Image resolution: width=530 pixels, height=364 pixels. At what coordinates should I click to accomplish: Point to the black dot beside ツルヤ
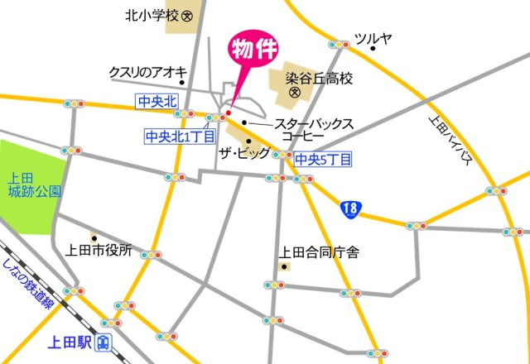click(373, 49)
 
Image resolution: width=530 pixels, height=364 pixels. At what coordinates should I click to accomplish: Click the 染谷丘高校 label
click(320, 79)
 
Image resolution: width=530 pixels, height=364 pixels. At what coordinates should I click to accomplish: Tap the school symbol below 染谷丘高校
click(293, 93)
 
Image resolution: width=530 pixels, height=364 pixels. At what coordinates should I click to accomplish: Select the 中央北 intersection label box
click(157, 101)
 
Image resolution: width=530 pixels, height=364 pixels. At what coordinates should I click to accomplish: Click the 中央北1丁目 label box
click(180, 136)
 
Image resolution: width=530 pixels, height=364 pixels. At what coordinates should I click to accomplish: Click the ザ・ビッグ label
click(243, 154)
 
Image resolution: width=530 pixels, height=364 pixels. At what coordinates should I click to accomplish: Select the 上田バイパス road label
click(451, 141)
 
